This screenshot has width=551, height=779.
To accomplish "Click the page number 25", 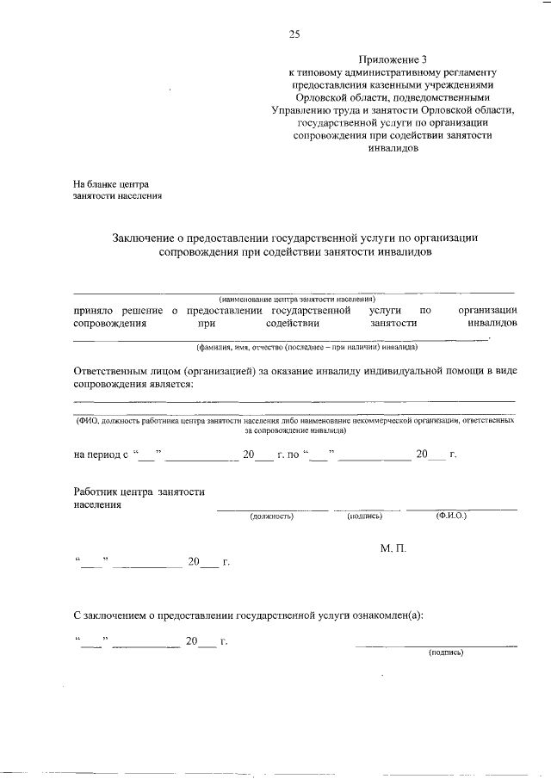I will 294,34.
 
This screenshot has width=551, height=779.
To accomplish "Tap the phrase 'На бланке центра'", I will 111,183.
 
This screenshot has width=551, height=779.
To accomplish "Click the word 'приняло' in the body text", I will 93,309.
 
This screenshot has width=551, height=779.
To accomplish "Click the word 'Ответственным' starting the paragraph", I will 116,370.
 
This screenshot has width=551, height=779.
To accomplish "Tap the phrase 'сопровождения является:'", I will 133,383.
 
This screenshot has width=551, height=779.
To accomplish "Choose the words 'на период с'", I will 101,454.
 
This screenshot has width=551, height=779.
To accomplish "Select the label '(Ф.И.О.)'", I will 451,516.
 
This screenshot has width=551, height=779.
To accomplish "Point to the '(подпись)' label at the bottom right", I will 446,652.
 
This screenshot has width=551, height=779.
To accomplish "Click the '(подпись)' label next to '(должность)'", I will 365,516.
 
